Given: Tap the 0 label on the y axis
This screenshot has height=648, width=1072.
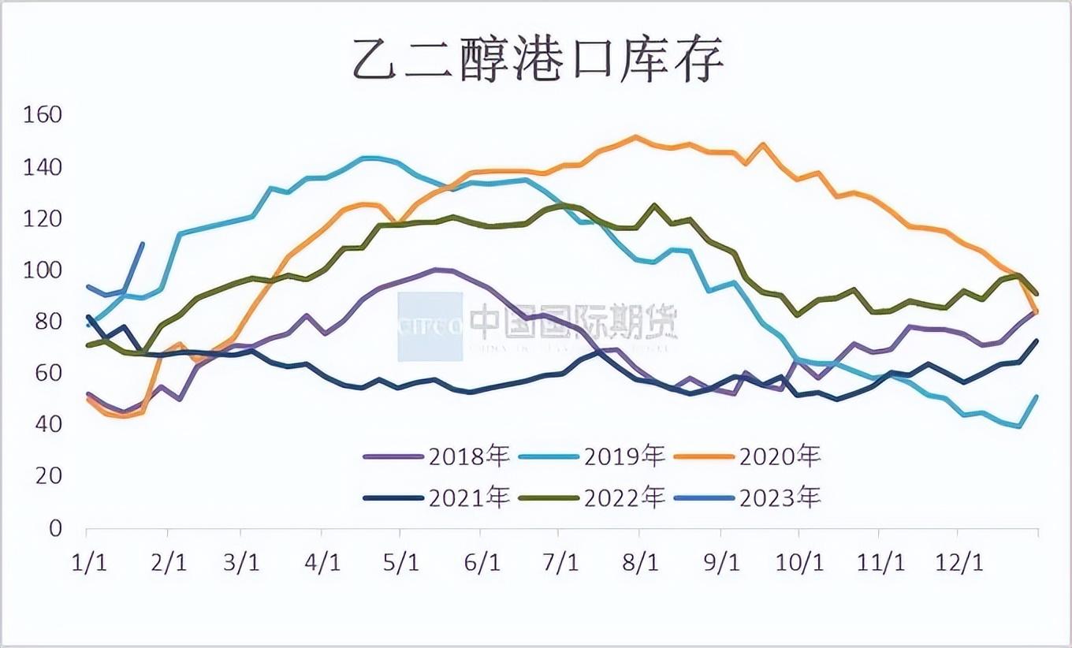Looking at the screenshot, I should coord(54,528).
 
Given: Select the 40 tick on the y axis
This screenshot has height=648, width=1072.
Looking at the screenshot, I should coord(47,425).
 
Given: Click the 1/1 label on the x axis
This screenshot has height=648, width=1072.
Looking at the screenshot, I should coord(89,564).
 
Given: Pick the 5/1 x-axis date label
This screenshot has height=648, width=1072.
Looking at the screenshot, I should coord(401,564).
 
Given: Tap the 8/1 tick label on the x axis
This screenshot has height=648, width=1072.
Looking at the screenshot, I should coord(639,564).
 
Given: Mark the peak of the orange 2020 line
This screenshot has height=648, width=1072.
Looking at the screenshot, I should coord(635,136).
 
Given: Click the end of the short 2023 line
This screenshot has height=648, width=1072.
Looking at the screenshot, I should coord(142,244).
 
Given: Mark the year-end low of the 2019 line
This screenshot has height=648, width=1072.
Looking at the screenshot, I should coord(1020,426).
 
